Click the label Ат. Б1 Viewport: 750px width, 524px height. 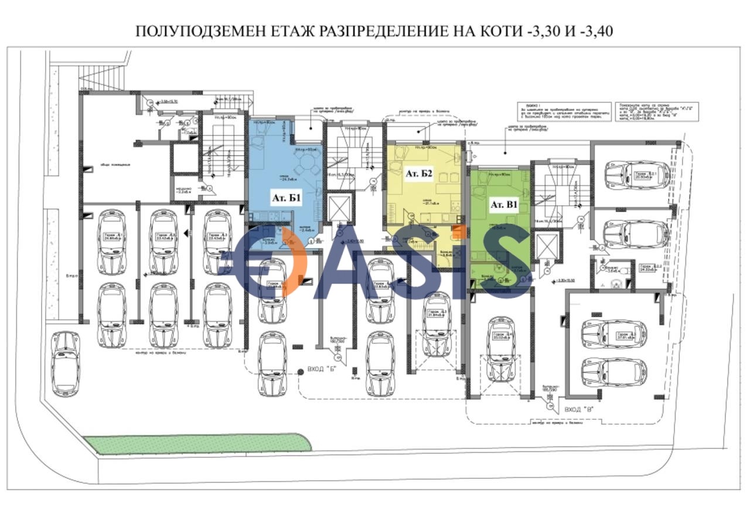285,198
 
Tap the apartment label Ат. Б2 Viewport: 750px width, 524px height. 418,174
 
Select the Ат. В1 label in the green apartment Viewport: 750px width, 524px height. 504,205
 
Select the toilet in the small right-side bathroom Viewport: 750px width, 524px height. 616,284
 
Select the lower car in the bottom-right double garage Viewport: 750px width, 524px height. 614,371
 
